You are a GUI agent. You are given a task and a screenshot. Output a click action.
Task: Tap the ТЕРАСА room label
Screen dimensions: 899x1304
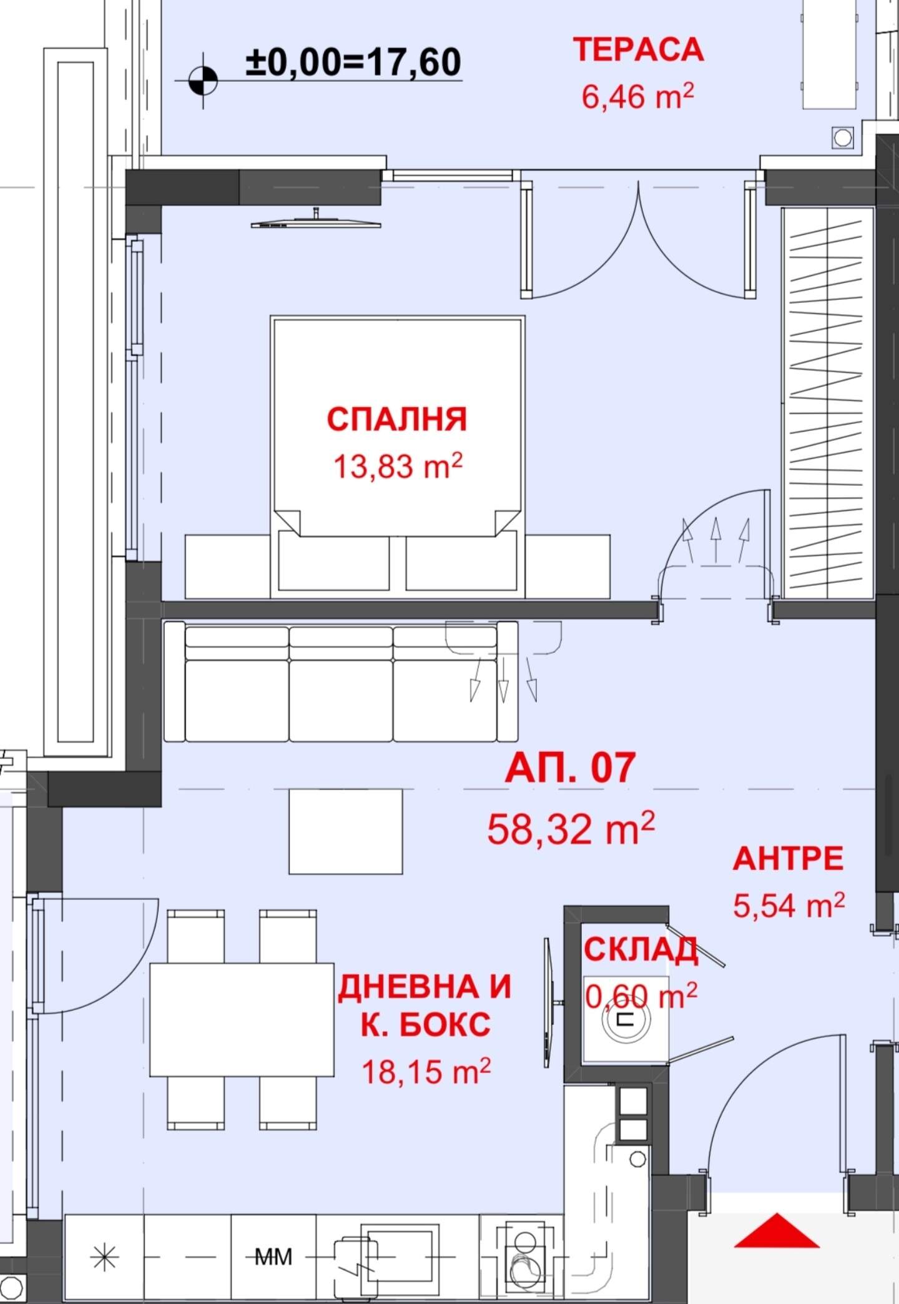point(638,50)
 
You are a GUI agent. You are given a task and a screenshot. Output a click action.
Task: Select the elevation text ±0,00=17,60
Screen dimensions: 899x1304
point(353,62)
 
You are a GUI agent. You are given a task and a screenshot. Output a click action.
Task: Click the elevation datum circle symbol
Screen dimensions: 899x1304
point(203,81)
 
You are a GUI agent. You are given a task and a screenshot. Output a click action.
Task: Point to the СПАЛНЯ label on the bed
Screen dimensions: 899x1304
point(397,419)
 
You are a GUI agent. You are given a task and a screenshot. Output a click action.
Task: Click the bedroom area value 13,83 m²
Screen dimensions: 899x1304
point(398,466)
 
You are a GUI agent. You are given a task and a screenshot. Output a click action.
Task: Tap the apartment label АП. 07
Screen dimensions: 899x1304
point(570,768)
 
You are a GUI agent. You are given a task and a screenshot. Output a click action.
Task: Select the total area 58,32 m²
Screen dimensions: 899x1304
point(571,828)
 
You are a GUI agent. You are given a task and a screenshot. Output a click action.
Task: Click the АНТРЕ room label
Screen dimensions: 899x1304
point(788,859)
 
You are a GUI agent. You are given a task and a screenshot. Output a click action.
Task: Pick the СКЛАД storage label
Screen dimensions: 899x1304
point(641,950)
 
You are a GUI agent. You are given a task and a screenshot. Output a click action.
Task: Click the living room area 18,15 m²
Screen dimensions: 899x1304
point(426,1072)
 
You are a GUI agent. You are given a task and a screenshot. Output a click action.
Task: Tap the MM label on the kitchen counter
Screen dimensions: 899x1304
point(273,1256)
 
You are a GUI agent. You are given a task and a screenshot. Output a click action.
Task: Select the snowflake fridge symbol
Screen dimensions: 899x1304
point(104,1257)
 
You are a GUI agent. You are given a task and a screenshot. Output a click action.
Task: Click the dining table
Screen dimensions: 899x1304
point(242,1019)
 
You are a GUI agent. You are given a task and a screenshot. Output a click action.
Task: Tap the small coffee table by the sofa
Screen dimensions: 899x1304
point(345,831)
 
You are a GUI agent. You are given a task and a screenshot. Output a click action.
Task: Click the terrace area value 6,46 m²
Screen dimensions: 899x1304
point(637,97)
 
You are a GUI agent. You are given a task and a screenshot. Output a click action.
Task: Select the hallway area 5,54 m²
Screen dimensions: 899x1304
point(789,905)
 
